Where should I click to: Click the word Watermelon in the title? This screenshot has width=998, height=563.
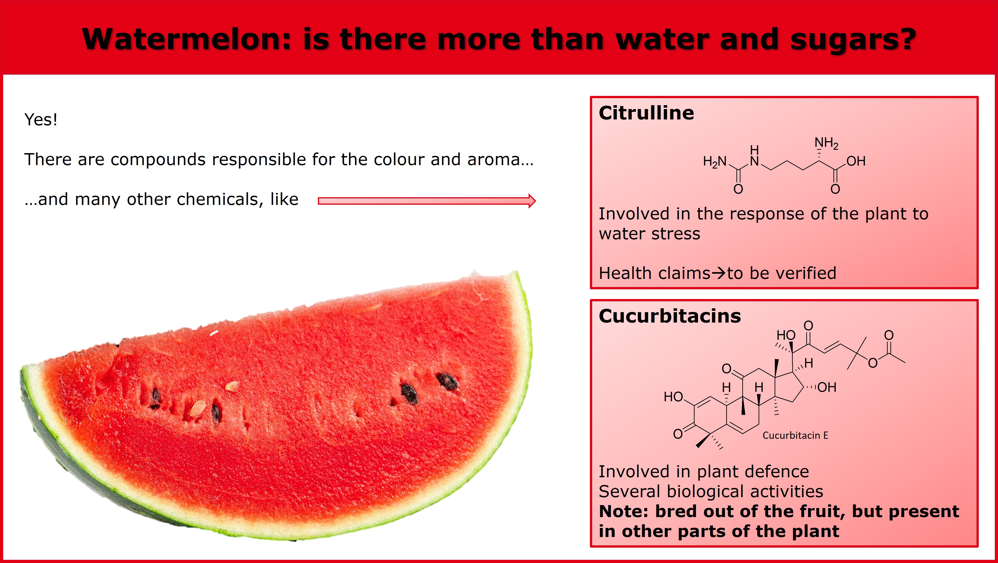pyautogui.click(x=186, y=40)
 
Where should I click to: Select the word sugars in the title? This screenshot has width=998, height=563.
pyautogui.click(x=852, y=40)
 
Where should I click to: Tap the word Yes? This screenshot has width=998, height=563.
pyautogui.click(x=41, y=119)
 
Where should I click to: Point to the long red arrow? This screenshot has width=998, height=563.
pyautogui.click(x=426, y=201)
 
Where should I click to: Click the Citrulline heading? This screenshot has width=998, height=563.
pyautogui.click(x=646, y=113)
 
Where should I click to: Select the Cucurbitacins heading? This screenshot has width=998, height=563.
pyautogui.click(x=669, y=316)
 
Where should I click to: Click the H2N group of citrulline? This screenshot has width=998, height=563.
pyautogui.click(x=714, y=162)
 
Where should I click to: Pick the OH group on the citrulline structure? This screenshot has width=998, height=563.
pyautogui.click(x=855, y=161)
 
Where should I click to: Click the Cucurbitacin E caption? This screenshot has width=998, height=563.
pyautogui.click(x=795, y=435)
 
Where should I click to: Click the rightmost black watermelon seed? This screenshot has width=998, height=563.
pyautogui.click(x=447, y=381)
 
